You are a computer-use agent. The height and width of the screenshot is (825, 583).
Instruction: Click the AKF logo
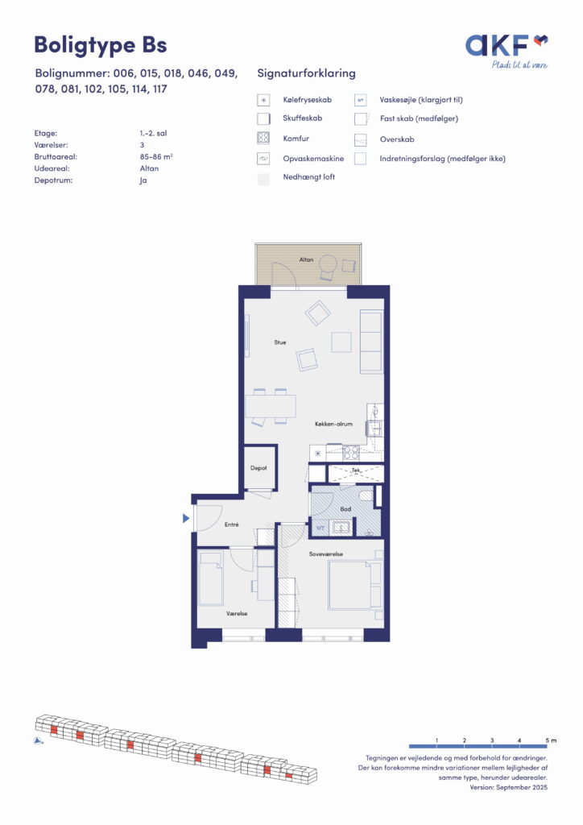507,51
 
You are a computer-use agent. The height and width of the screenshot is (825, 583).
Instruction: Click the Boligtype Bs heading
101,45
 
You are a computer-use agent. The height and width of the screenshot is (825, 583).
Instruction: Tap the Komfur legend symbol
263,139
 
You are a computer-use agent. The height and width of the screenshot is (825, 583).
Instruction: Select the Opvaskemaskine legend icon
263,159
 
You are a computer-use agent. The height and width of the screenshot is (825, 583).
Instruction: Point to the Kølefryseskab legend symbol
263,100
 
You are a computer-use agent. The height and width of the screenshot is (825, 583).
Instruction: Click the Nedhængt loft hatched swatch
263,178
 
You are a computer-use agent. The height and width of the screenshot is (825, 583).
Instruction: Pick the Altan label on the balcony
307,259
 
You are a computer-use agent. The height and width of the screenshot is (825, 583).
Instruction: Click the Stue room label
280,342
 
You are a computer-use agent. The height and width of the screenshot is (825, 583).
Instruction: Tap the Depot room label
258,468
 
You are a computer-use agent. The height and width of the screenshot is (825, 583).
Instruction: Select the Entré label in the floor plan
232,524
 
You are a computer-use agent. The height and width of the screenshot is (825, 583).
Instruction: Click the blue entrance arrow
185,518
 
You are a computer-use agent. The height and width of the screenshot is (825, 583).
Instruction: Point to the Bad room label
345,509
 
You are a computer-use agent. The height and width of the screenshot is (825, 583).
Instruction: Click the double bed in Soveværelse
355,585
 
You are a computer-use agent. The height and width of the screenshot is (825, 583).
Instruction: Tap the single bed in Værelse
210,578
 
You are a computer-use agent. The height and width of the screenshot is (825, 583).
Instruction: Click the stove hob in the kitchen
350,453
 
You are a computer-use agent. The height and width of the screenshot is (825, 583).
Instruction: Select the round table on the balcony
329,263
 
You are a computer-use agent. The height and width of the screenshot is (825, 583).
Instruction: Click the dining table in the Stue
271,406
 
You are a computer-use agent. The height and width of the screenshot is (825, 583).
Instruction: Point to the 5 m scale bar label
551,740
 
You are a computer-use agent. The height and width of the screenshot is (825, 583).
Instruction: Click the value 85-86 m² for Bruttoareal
157,157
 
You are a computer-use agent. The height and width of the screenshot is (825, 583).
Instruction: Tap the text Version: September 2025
509,787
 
